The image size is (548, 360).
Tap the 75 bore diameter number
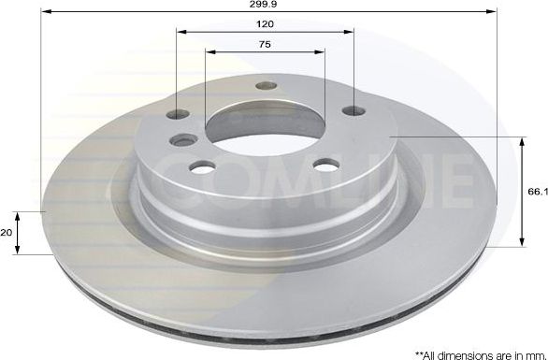[x=265, y=43]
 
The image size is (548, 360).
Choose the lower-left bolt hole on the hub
[x=201, y=168]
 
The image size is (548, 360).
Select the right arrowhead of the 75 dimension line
[x=320, y=52]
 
